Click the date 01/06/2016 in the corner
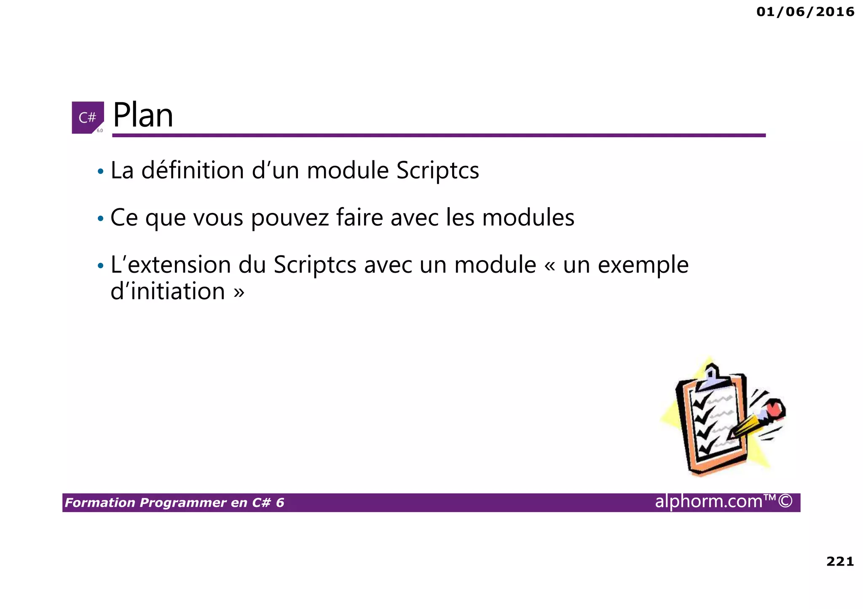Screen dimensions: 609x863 [805, 12]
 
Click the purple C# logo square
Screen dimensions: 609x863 [88, 117]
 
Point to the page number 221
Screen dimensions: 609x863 [840, 561]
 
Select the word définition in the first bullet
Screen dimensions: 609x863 [193, 170]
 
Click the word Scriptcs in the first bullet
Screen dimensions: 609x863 [437, 171]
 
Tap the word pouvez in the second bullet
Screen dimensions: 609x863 [290, 218]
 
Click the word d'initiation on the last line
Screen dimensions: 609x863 [168, 291]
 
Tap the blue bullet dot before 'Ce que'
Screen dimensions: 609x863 [100, 219]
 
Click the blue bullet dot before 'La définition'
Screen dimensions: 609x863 [100, 172]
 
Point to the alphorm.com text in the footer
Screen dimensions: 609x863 [708, 501]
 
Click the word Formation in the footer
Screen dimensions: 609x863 [100, 503]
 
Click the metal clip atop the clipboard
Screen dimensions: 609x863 [711, 378]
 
